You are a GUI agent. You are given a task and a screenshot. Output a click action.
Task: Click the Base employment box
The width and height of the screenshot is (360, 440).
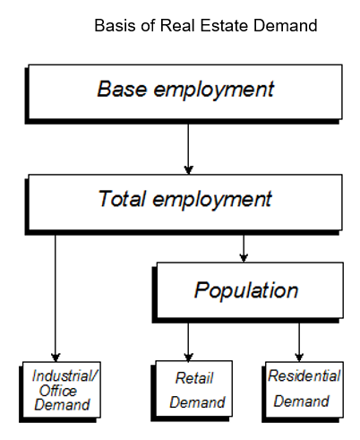[x=184, y=94]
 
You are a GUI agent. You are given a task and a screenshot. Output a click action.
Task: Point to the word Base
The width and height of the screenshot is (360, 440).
[x=122, y=89]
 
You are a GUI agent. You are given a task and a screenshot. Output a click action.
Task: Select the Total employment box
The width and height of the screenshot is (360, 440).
[x=184, y=204]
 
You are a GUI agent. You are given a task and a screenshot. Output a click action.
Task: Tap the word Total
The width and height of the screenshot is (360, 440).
[x=122, y=199]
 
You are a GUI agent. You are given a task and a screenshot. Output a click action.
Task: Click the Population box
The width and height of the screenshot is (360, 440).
[x=248, y=292]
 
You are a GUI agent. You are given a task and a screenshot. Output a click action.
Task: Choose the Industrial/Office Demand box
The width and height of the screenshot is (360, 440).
[x=60, y=392]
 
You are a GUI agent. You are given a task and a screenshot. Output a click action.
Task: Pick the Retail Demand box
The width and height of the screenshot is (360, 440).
[x=192, y=391]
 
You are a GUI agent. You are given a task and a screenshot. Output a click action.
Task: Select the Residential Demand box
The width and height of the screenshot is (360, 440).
[x=303, y=392]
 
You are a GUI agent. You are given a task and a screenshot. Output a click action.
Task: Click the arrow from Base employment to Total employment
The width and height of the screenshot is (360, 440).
[x=188, y=149]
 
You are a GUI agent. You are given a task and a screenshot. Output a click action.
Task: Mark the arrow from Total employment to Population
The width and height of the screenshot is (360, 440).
[x=244, y=248]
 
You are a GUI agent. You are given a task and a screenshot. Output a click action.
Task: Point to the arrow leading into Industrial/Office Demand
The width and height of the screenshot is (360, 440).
[x=56, y=298]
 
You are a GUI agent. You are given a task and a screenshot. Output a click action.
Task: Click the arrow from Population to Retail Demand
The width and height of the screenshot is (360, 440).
[x=188, y=342]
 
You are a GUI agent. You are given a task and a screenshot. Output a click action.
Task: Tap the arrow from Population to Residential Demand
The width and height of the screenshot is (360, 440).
[x=299, y=342]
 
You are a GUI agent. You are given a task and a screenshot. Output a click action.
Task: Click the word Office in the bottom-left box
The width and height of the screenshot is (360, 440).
[x=58, y=391]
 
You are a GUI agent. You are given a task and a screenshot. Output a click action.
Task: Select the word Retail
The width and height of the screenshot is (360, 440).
[x=194, y=378]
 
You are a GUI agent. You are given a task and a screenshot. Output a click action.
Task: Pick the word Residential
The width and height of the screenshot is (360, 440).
[x=304, y=375]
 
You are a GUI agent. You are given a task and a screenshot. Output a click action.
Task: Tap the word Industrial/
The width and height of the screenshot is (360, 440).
[x=64, y=375]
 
